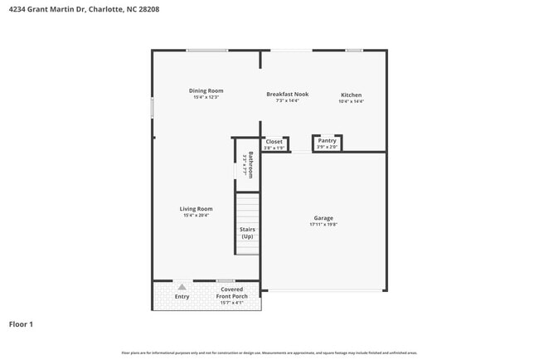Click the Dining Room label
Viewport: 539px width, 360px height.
point(206,90)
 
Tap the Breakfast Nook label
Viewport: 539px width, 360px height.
point(287,95)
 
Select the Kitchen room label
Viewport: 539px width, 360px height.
point(352,95)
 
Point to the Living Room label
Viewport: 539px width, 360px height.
point(197,209)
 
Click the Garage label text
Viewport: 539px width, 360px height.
point(323,218)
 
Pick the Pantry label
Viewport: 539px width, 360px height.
point(327,141)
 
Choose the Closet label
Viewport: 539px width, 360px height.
point(274,142)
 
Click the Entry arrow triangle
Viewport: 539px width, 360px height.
point(182,287)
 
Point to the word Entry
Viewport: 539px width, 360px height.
point(182,296)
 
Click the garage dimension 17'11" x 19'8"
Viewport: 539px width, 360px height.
point(323,225)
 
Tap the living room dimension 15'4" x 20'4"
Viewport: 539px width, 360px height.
point(197,216)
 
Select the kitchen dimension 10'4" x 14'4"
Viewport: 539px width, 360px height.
point(352,102)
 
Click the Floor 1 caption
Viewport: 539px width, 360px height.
point(22,324)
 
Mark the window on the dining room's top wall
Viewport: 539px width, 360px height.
point(206,51)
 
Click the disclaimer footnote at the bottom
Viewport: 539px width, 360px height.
point(269,353)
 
